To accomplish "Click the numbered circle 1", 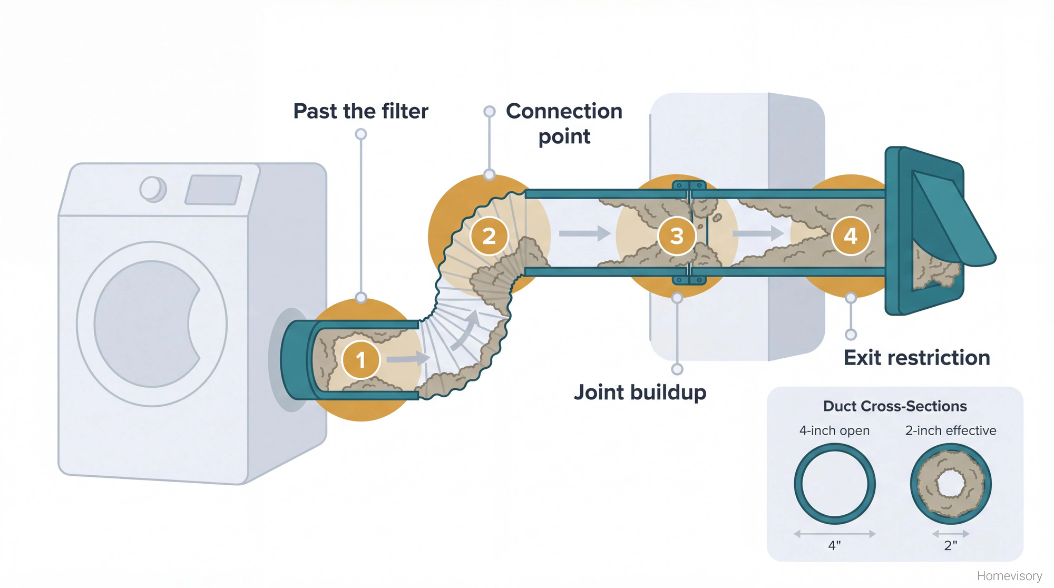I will pos(360,360).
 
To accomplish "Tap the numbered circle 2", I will pos(489,236).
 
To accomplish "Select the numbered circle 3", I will pos(677,236).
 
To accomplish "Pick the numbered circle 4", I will pos(850,236).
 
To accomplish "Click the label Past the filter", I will pos(360,111).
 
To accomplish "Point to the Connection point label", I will pos(564,123).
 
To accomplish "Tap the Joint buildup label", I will pos(640,393).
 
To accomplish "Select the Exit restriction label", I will pos(916,358).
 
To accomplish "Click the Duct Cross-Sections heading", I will pos(894,406).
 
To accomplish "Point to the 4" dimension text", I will pos(834,546).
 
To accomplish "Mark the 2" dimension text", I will pos(950,546).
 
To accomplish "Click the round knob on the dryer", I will pos(153,189).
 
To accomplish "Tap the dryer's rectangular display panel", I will pos(213,190).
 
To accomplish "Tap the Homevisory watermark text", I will pos(1009,576).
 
